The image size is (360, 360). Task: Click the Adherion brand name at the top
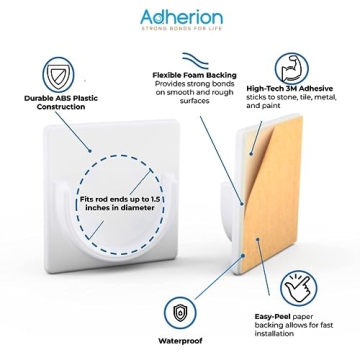coord(180,17)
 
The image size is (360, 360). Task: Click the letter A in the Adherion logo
coord(138,17)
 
